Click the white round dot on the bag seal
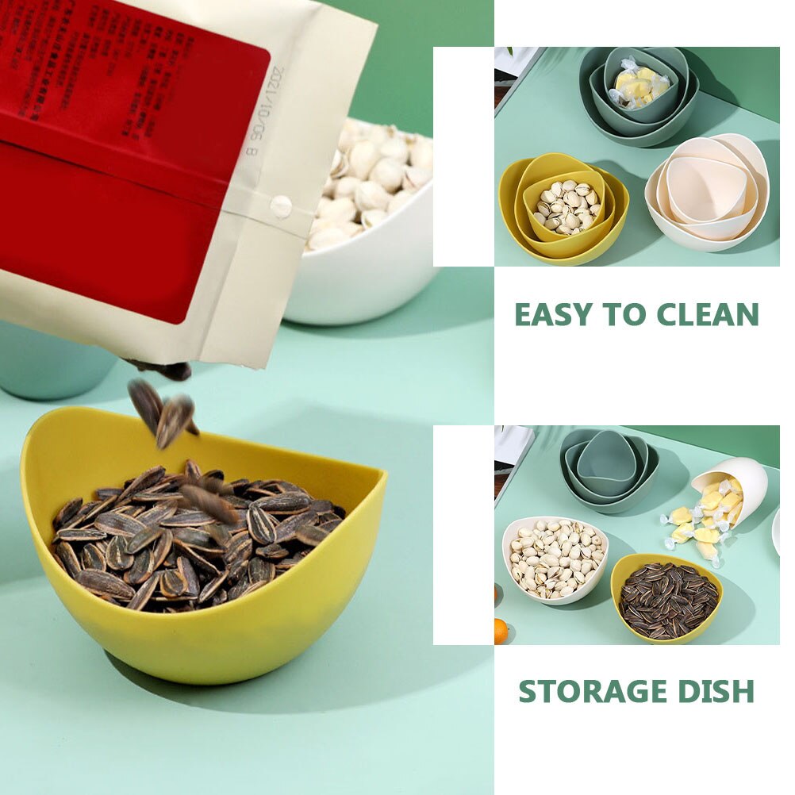pos(281,207)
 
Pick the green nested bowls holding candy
pos(639,91)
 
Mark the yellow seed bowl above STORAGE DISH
pos(666,599)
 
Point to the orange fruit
pos(500,632)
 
